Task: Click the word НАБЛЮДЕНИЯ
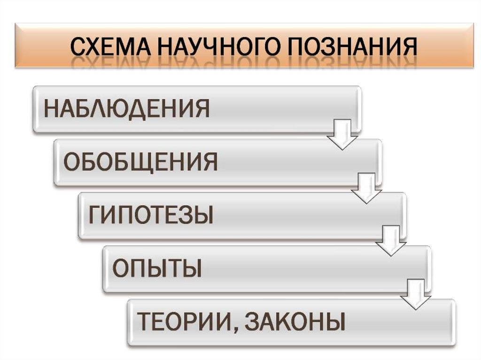(x=126, y=108)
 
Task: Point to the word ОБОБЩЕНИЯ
(x=140, y=162)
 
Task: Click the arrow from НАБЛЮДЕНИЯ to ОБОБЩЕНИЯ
(x=342, y=135)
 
